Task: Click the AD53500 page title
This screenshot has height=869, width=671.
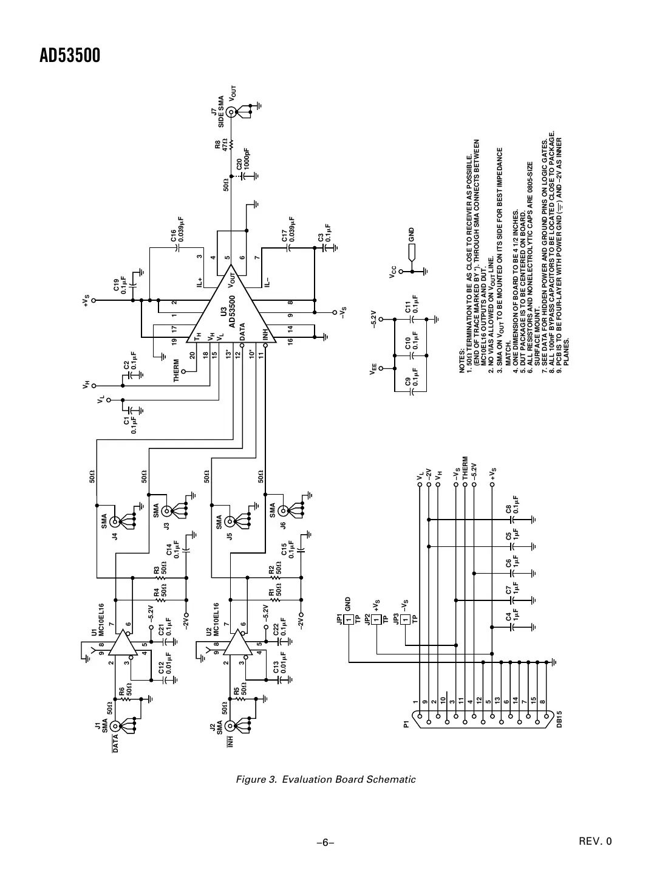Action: coord(70,56)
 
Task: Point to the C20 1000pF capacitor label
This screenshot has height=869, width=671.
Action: coord(243,159)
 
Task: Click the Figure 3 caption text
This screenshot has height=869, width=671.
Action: coord(325,779)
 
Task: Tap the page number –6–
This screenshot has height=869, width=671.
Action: coord(325,842)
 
